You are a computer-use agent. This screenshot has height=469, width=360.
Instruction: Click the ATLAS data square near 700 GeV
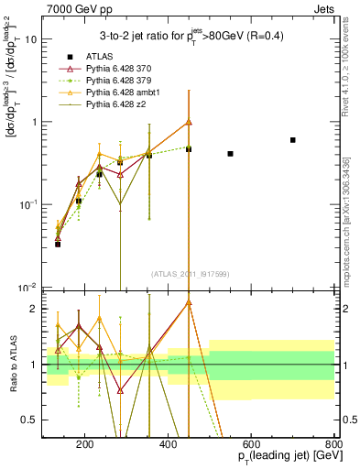(293, 140)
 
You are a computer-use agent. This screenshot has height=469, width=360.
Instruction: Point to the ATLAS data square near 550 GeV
(230, 154)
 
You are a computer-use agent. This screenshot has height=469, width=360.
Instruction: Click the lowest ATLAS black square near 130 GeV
(58, 245)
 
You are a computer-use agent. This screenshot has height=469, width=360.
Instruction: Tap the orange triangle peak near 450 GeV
(189, 122)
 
